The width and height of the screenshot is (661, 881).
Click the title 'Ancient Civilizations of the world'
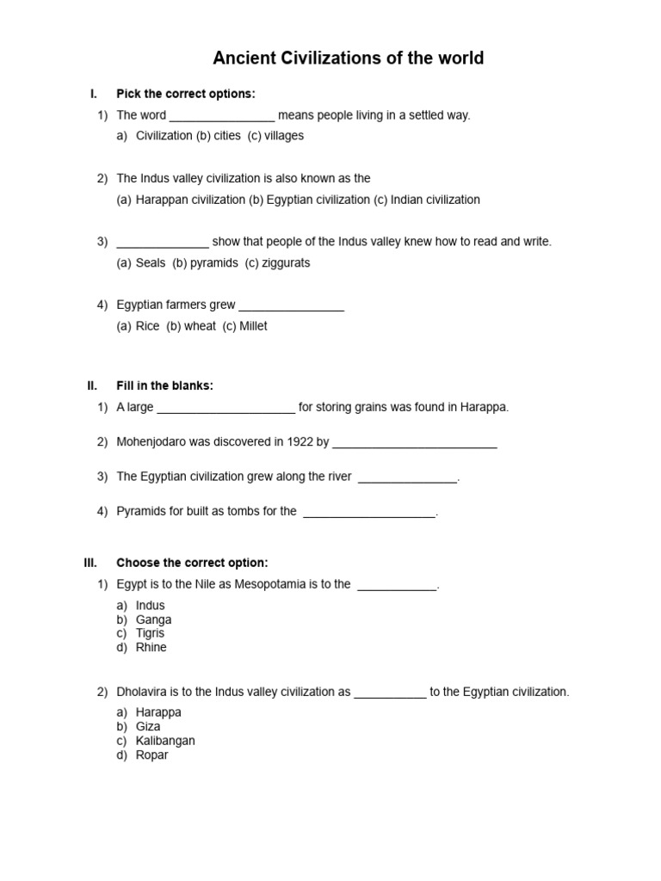tap(349, 59)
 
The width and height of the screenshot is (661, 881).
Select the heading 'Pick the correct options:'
tap(186, 94)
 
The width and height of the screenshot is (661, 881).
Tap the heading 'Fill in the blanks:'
tap(164, 385)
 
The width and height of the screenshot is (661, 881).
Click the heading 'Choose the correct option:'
tap(192, 563)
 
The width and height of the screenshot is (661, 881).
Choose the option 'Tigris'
tap(150, 633)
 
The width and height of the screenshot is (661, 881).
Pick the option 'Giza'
tap(148, 726)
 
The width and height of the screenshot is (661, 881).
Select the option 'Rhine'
tap(151, 647)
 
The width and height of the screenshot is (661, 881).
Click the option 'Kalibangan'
tap(165, 741)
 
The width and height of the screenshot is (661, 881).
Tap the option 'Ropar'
tap(152, 755)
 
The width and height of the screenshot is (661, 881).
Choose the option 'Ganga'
tap(154, 619)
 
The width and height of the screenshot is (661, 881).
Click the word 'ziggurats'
tap(284, 263)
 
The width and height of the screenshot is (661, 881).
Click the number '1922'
tap(298, 442)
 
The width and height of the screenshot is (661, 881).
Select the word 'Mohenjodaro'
tap(151, 442)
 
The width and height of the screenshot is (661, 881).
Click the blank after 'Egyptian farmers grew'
tap(291, 306)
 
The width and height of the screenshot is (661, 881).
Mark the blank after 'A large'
tap(226, 408)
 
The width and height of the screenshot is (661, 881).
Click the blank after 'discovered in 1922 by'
tap(414, 443)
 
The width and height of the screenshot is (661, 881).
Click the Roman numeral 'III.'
tap(90, 563)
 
